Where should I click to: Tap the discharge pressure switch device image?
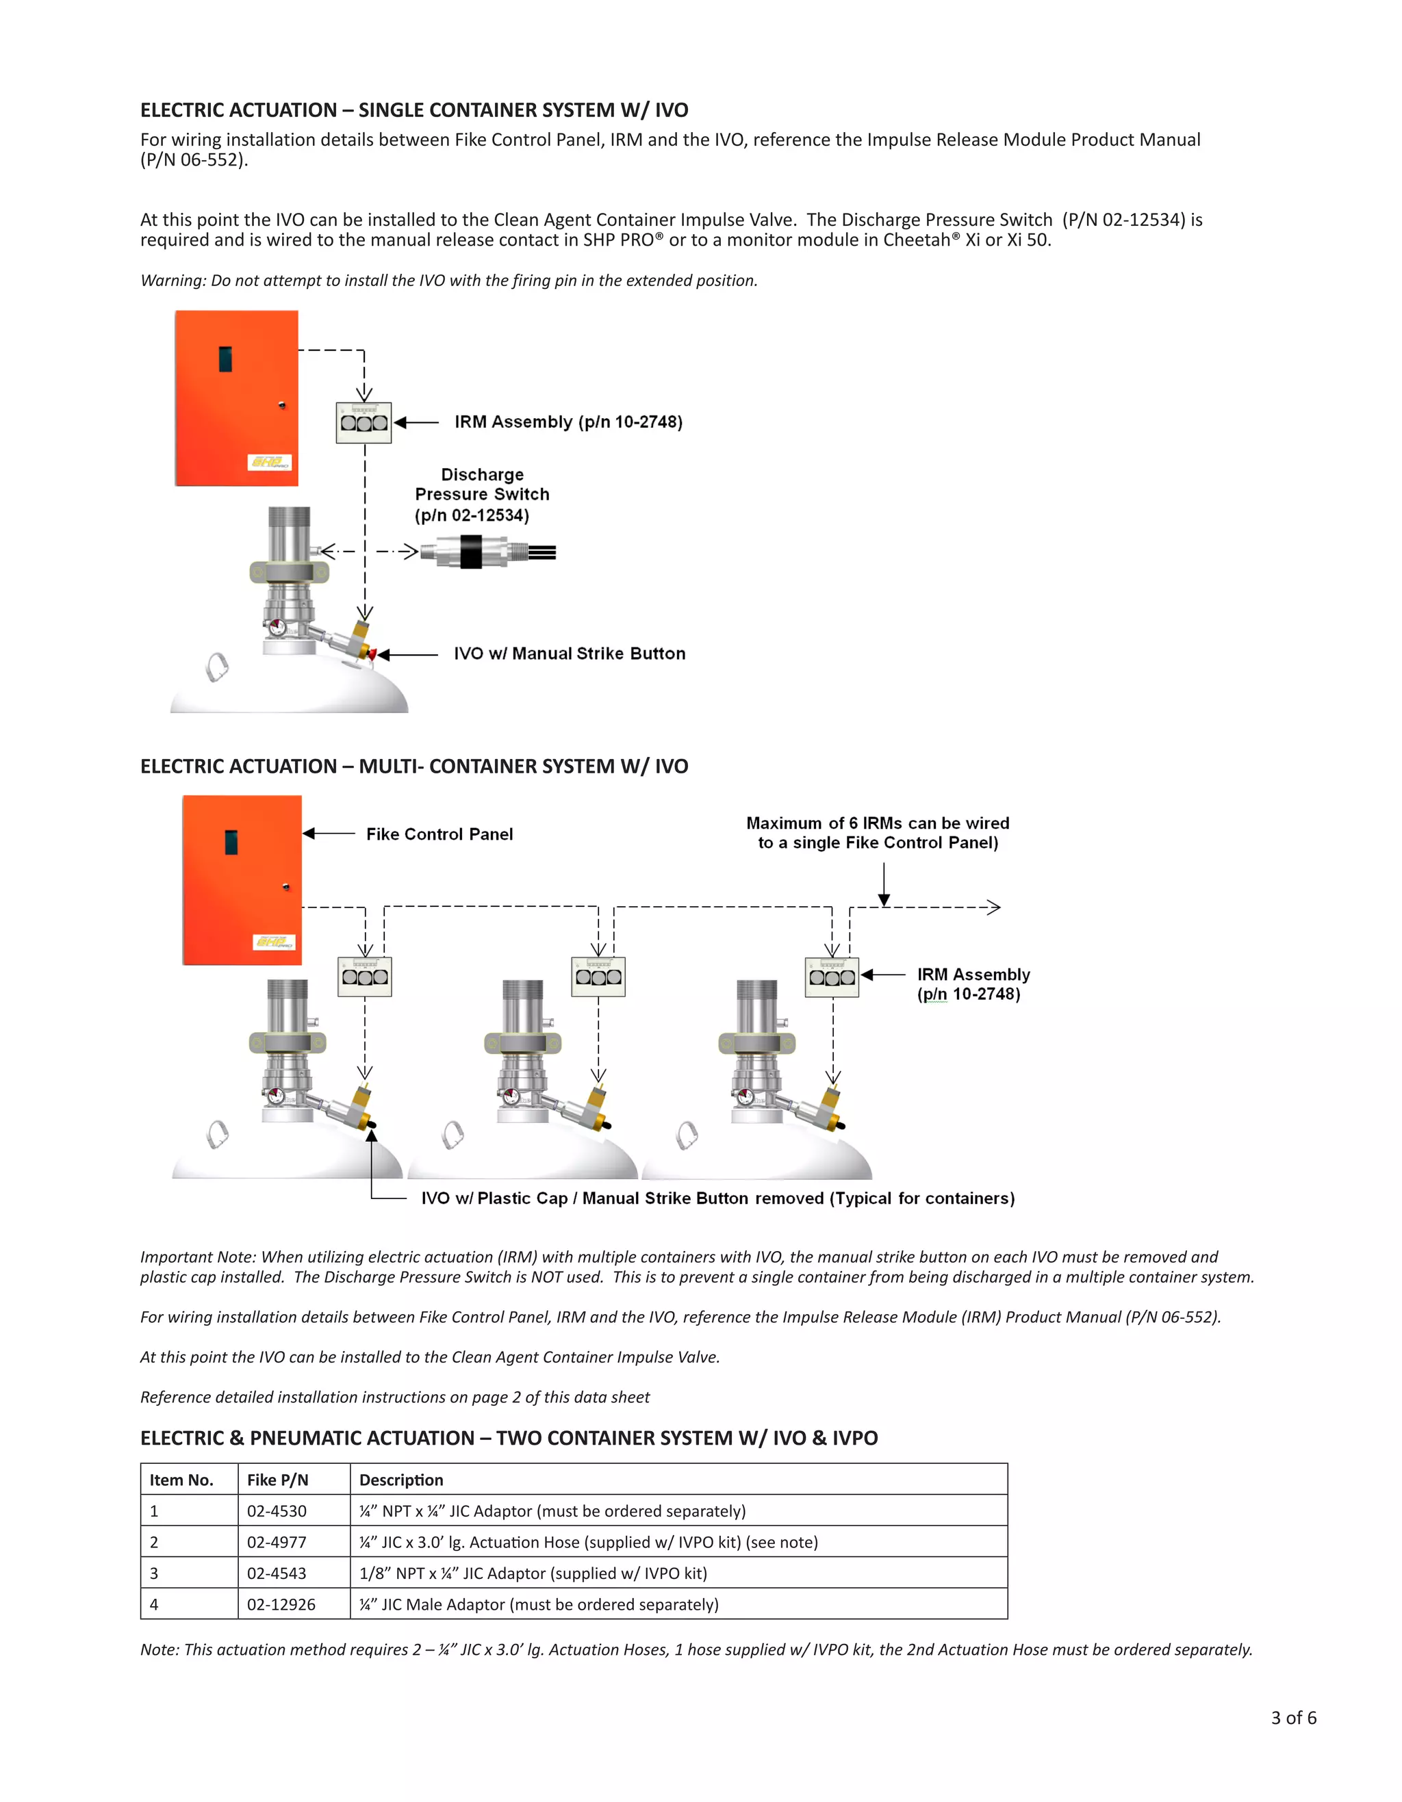coord(487,552)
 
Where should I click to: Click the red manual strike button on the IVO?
coord(372,654)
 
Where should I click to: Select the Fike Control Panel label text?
coord(439,834)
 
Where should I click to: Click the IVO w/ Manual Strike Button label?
coord(570,654)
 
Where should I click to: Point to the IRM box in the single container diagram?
coord(364,422)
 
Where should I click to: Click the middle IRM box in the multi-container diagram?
coord(598,976)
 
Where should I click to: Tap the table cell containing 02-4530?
coord(277,1510)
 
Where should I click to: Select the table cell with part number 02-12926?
coord(281,1604)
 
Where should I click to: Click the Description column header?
coord(401,1480)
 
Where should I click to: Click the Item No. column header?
coord(181,1480)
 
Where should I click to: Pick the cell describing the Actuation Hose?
coord(588,1542)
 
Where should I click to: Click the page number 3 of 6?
coord(1293,1718)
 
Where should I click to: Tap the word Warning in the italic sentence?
coord(173,281)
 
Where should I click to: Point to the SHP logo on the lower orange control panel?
coord(274,942)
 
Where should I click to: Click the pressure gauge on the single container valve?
coord(277,627)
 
